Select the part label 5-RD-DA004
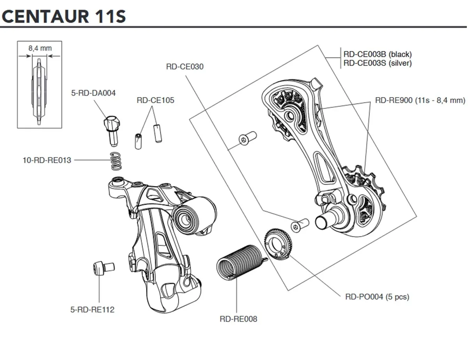[x=93, y=93]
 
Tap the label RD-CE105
[x=155, y=100]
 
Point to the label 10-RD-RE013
[x=47, y=160]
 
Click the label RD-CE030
[x=184, y=67]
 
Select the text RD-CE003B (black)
[x=377, y=54]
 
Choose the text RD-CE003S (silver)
[x=377, y=63]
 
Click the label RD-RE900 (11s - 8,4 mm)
[x=420, y=100]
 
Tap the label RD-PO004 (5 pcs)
[x=377, y=297]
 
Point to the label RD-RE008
[x=238, y=319]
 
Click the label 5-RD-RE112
[x=92, y=310]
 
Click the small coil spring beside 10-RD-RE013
[x=114, y=161]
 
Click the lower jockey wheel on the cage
[x=362, y=183]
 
